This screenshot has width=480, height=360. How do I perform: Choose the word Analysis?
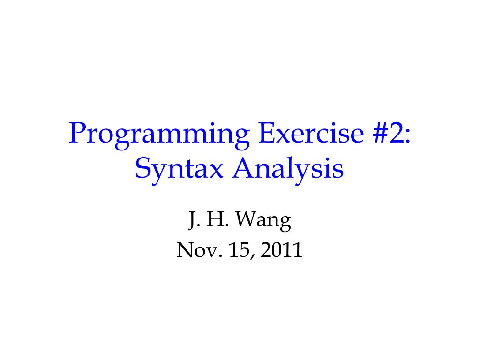[x=287, y=170]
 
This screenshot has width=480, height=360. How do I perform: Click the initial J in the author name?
[x=192, y=221]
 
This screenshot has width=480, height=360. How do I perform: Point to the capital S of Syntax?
[x=142, y=169]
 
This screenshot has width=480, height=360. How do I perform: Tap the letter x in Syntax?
[x=215, y=172]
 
